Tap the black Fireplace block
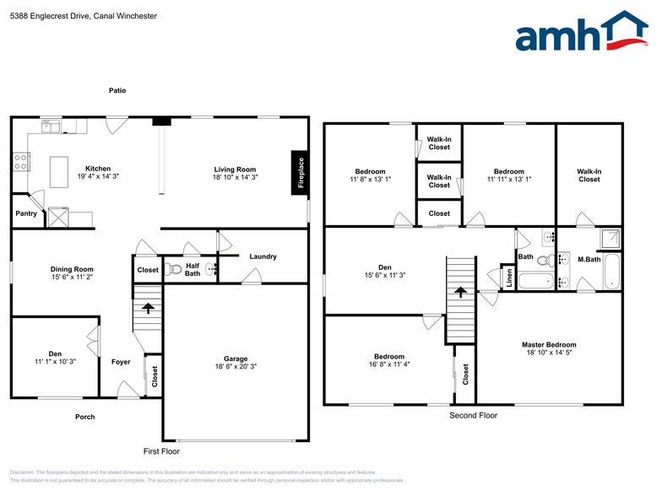pyautogui.click(x=299, y=173)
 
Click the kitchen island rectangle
pyautogui.click(x=59, y=172)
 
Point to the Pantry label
pyautogui.click(x=25, y=213)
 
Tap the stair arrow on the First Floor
pyautogui.click(x=149, y=308)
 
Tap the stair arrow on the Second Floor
pyautogui.click(x=461, y=293)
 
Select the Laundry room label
pyautogui.click(x=263, y=256)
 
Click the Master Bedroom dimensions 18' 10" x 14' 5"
pyautogui.click(x=549, y=353)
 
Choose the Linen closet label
pyautogui.click(x=509, y=278)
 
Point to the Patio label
pyautogui.click(x=117, y=90)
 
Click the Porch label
pyautogui.click(x=85, y=417)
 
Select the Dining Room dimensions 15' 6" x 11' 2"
pyautogui.click(x=72, y=278)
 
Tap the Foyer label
pyautogui.click(x=121, y=362)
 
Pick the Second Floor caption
pyautogui.click(x=474, y=415)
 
